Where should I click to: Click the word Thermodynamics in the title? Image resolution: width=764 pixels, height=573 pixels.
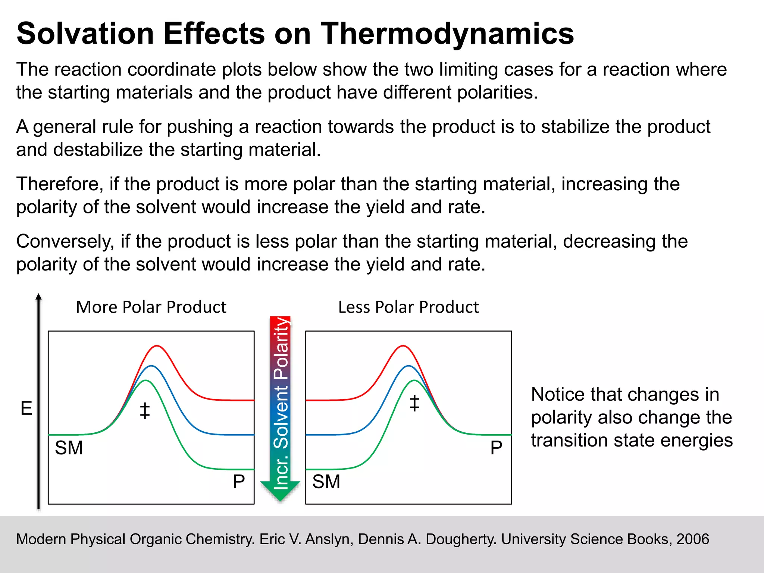click(x=447, y=34)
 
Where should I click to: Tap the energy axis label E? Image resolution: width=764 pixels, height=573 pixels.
click(x=26, y=408)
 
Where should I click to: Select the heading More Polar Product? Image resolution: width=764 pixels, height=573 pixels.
click(x=151, y=307)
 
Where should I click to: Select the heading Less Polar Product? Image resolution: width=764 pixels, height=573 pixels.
click(x=408, y=307)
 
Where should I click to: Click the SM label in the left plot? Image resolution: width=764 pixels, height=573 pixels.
click(x=69, y=448)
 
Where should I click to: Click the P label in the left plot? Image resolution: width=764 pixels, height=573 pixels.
click(x=239, y=482)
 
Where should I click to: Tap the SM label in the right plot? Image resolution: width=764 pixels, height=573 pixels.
click(x=326, y=482)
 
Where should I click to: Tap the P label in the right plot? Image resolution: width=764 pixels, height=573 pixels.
click(x=496, y=448)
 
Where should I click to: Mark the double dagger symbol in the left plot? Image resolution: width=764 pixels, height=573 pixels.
click(x=145, y=411)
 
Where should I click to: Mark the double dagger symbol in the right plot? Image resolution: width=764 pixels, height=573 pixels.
click(x=414, y=403)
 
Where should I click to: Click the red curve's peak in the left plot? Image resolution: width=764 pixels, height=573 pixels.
click(x=157, y=346)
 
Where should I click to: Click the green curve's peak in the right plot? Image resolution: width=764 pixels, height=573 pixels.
click(x=414, y=381)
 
